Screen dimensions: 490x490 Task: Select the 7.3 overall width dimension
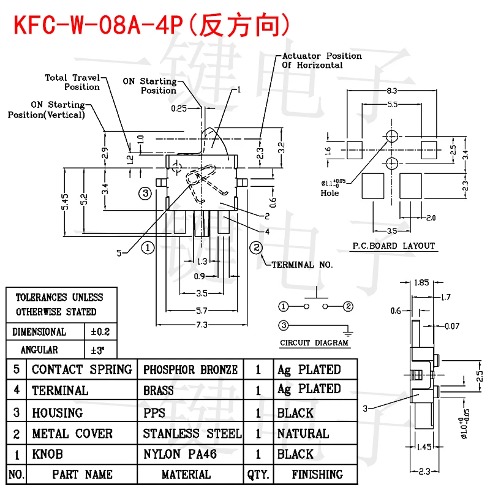click(x=202, y=324)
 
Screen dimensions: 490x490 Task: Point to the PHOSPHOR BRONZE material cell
click(x=190, y=369)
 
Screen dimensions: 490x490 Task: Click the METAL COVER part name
click(x=72, y=434)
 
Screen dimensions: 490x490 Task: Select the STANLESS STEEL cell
click(x=192, y=434)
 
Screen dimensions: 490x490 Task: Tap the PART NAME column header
click(x=82, y=474)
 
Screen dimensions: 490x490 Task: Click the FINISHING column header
click(x=317, y=474)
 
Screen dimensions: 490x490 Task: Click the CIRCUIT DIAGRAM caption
click(x=314, y=343)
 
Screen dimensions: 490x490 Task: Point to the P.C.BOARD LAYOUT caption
click(x=393, y=246)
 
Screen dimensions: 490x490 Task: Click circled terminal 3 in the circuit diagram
click(x=283, y=325)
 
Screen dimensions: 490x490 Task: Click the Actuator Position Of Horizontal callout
click(x=322, y=60)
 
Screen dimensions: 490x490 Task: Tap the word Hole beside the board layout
click(x=330, y=193)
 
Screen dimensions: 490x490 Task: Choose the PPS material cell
click(x=154, y=413)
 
